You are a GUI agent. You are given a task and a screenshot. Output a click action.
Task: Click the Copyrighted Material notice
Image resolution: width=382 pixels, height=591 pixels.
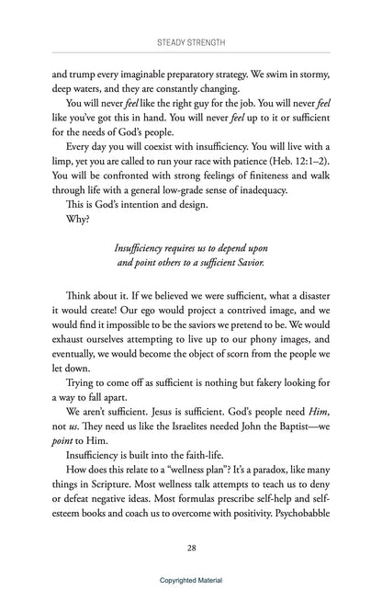coord(191,581)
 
